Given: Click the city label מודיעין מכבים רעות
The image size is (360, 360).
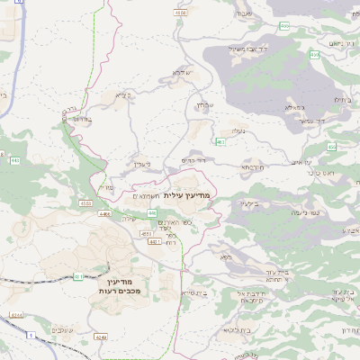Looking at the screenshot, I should coord(123,287).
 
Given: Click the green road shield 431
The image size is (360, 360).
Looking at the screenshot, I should coord(78,276).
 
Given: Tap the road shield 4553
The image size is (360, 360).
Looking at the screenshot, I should coord(147,233).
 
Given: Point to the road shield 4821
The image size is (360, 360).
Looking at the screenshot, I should coord(154,242).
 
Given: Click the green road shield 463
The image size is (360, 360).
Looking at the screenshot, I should coord(220,141).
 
